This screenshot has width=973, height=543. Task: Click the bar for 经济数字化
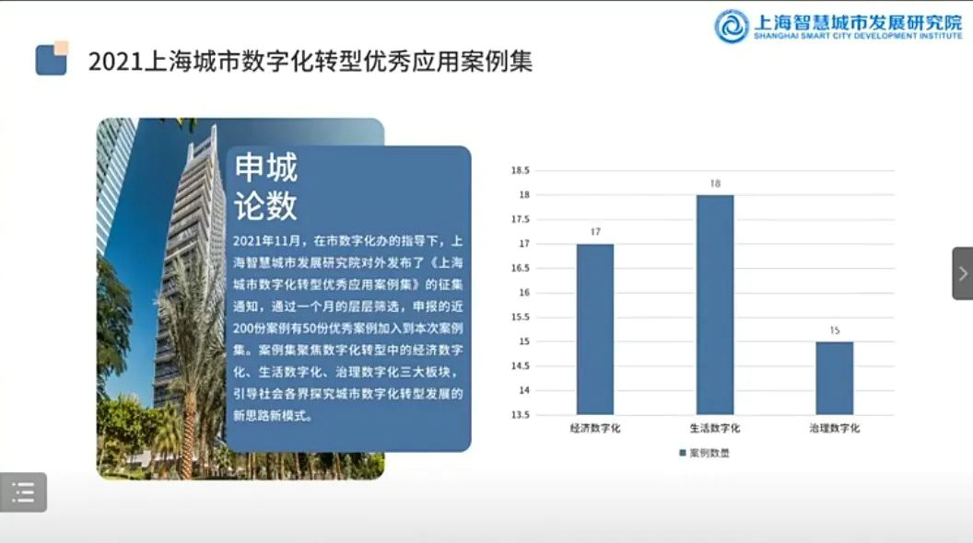coord(595,329)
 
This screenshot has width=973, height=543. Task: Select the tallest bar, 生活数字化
coord(715,305)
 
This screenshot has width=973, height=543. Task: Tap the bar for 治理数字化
coord(835,378)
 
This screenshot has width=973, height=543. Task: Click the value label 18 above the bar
coord(715,183)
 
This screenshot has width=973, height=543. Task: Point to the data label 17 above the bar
coord(595,232)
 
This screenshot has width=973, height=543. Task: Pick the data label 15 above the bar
coord(835,330)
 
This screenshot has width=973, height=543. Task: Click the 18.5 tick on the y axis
coord(520,170)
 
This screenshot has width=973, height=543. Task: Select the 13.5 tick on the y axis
coord(520,415)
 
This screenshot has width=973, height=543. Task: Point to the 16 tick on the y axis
coord(524,293)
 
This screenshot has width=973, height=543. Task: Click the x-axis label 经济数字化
coord(595,428)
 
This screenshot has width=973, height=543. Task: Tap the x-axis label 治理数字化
coord(835,428)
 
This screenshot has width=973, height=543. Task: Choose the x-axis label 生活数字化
coord(715,428)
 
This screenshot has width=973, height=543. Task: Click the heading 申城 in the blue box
coord(265,168)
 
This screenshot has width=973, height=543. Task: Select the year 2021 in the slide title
coord(115,62)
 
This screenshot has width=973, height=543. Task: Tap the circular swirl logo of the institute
coord(732,26)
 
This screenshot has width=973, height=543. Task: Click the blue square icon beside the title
coord(52,59)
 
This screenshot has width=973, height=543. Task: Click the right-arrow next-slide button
coord(963,273)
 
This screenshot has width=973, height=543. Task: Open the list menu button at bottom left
coord(23,492)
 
